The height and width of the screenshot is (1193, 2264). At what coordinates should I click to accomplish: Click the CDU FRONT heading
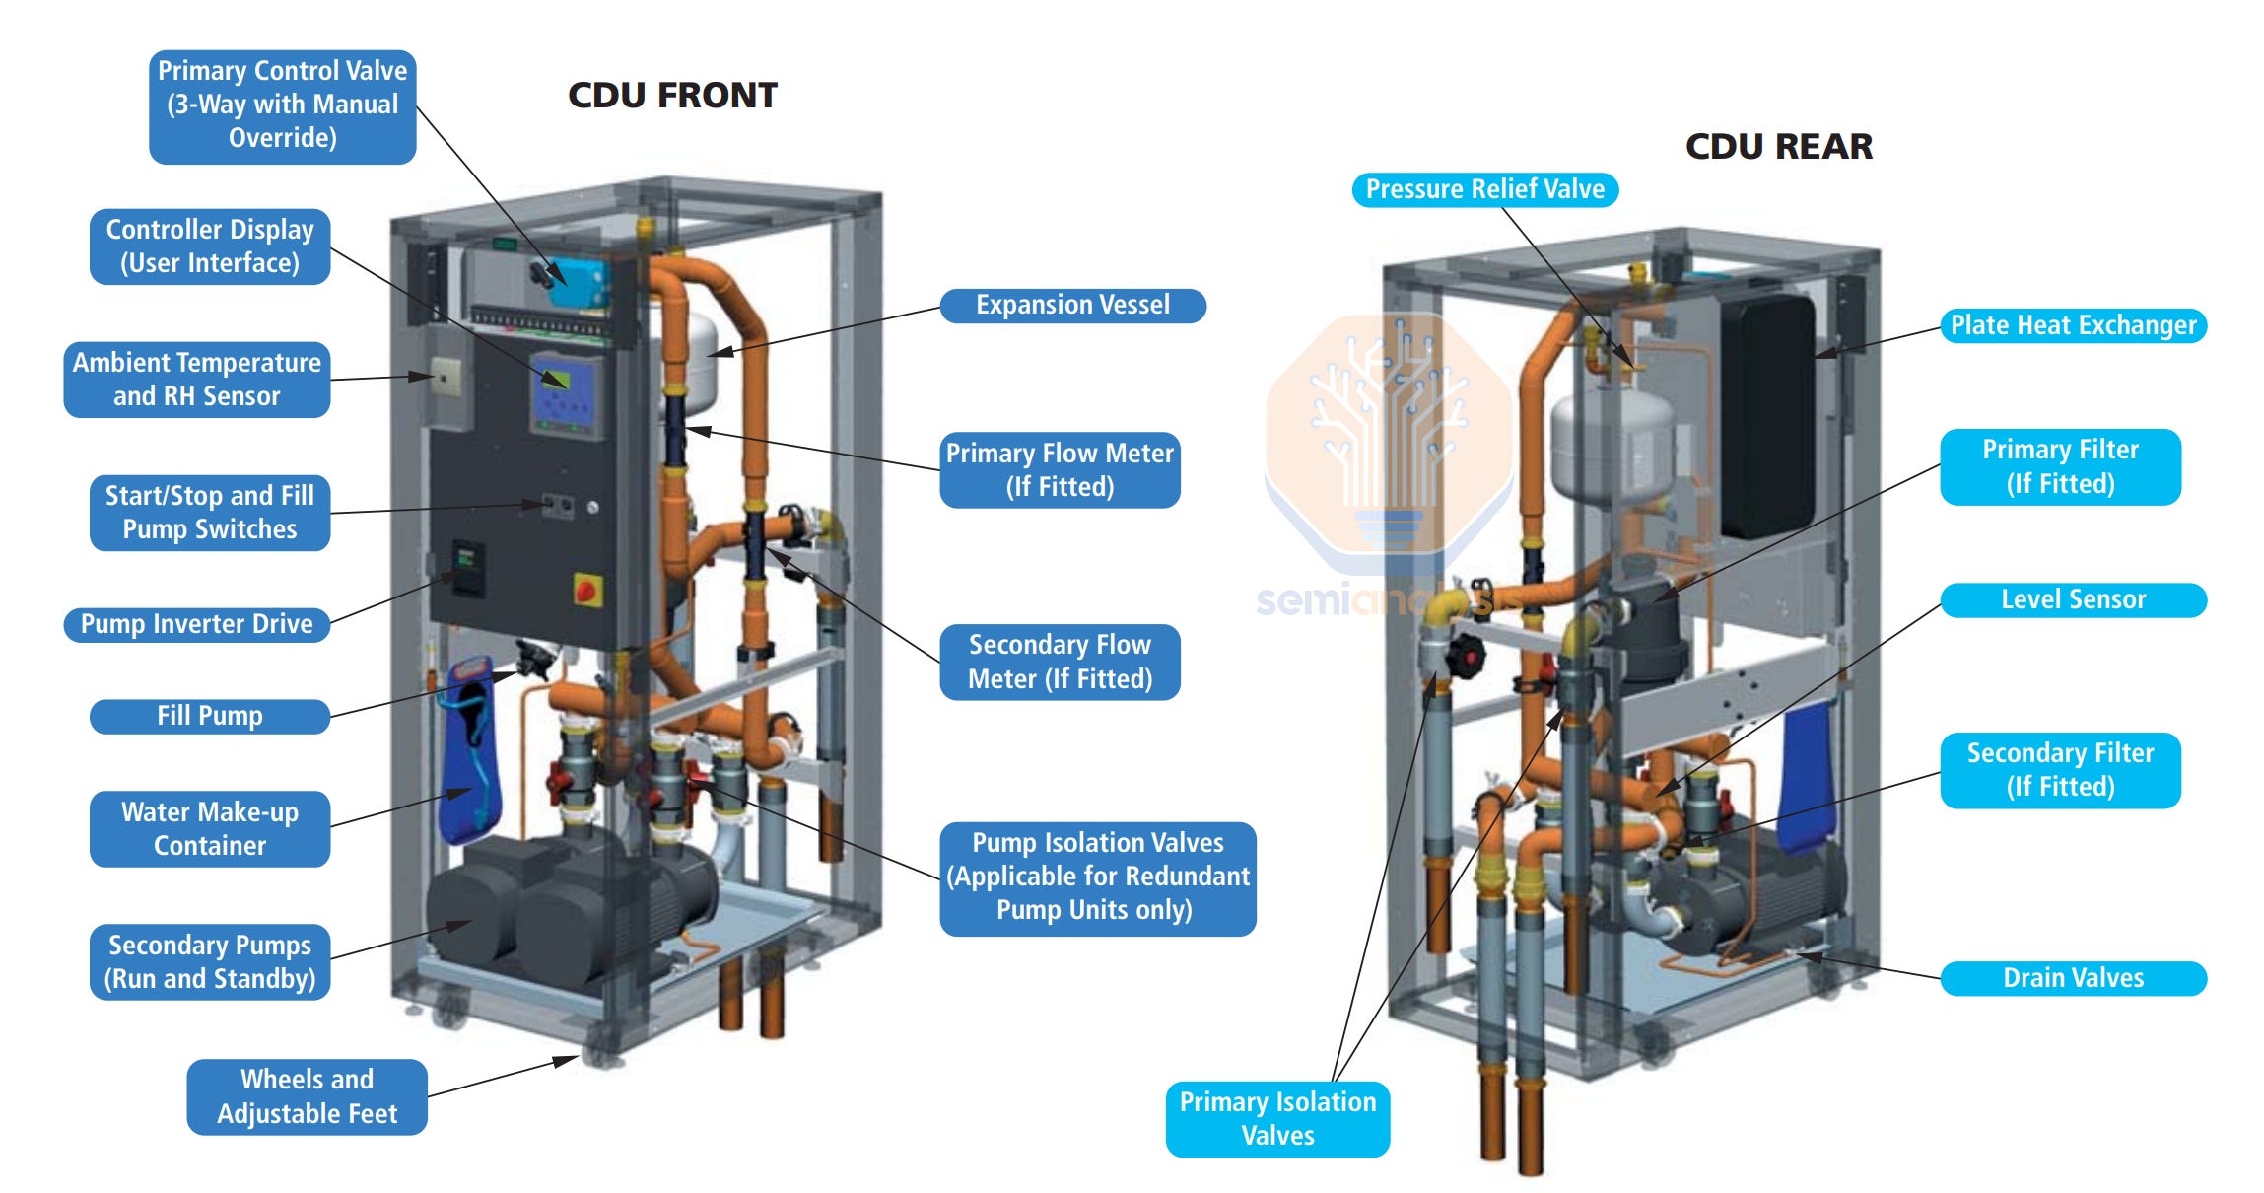672,96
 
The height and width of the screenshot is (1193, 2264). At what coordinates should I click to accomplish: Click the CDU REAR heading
1778,147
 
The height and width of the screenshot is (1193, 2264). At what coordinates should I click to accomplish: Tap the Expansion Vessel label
1072,305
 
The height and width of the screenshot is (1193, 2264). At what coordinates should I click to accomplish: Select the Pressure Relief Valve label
1484,189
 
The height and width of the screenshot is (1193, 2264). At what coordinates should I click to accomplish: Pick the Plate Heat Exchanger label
2073,325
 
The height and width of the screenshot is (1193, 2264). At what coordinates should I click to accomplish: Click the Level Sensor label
2073,599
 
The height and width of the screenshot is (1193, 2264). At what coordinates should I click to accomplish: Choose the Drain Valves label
2073,978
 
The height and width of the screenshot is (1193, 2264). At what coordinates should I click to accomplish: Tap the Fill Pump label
209,716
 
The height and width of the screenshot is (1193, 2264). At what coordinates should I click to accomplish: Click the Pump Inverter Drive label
196,624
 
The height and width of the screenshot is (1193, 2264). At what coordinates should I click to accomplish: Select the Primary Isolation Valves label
1277,1118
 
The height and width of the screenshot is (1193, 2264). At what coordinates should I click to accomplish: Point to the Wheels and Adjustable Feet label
307,1096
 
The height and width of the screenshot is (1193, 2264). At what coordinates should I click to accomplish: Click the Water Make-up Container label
209,828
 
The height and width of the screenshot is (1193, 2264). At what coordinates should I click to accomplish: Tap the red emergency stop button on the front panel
585,591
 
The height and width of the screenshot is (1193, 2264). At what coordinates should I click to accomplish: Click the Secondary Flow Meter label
1060,662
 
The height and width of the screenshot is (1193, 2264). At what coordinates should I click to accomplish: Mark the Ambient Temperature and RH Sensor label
196,380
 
